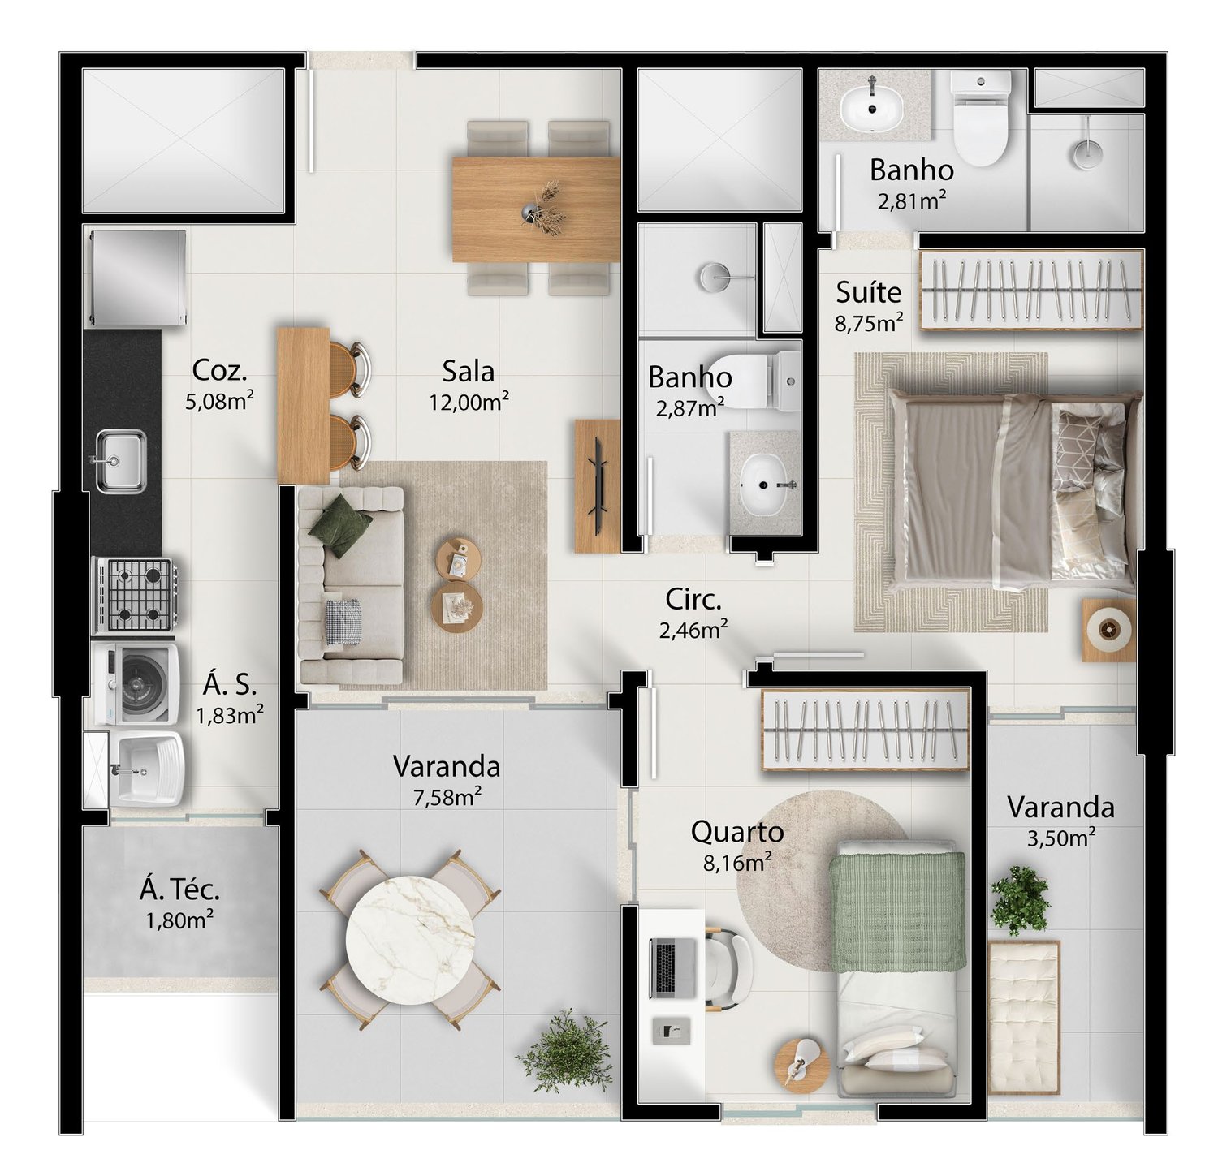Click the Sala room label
[468, 372]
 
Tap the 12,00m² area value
[469, 402]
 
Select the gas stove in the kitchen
[136, 595]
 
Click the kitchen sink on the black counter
[121, 460]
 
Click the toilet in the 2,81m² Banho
[981, 117]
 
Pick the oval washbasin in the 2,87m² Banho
[763, 485]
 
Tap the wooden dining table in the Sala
[536, 209]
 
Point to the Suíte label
[869, 292]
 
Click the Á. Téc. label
[179, 890]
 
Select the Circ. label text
[693, 600]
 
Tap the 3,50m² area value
[1061, 838]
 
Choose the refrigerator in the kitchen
[138, 278]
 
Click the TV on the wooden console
[599, 485]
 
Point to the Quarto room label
[737, 832]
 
